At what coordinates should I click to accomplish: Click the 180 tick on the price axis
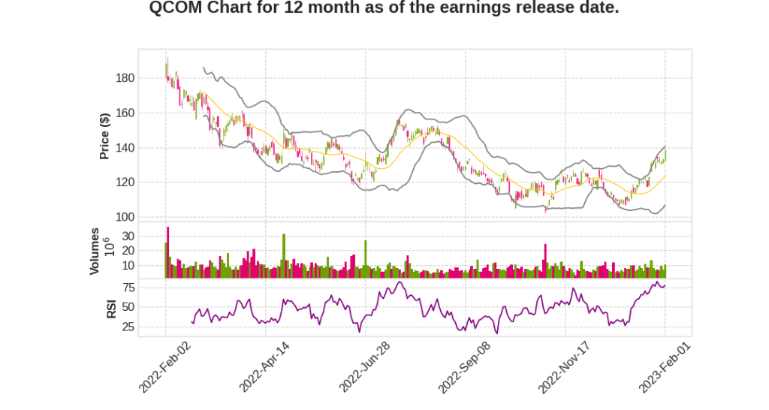(x=125, y=78)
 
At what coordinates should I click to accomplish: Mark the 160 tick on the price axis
(x=125, y=113)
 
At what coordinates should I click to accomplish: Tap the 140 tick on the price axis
(x=125, y=148)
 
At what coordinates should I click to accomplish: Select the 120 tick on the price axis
(x=125, y=182)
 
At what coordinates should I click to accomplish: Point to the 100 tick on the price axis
(x=125, y=218)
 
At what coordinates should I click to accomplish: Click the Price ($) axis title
(x=105, y=135)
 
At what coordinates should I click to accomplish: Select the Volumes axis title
(x=95, y=251)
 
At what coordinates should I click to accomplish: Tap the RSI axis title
(x=111, y=308)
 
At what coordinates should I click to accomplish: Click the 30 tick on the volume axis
(x=128, y=236)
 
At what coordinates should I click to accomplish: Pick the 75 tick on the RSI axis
(x=128, y=288)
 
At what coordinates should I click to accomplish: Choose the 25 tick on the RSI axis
(x=128, y=327)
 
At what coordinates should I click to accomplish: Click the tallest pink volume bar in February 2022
(x=168, y=252)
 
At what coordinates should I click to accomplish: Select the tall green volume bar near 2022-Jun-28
(x=366, y=259)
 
